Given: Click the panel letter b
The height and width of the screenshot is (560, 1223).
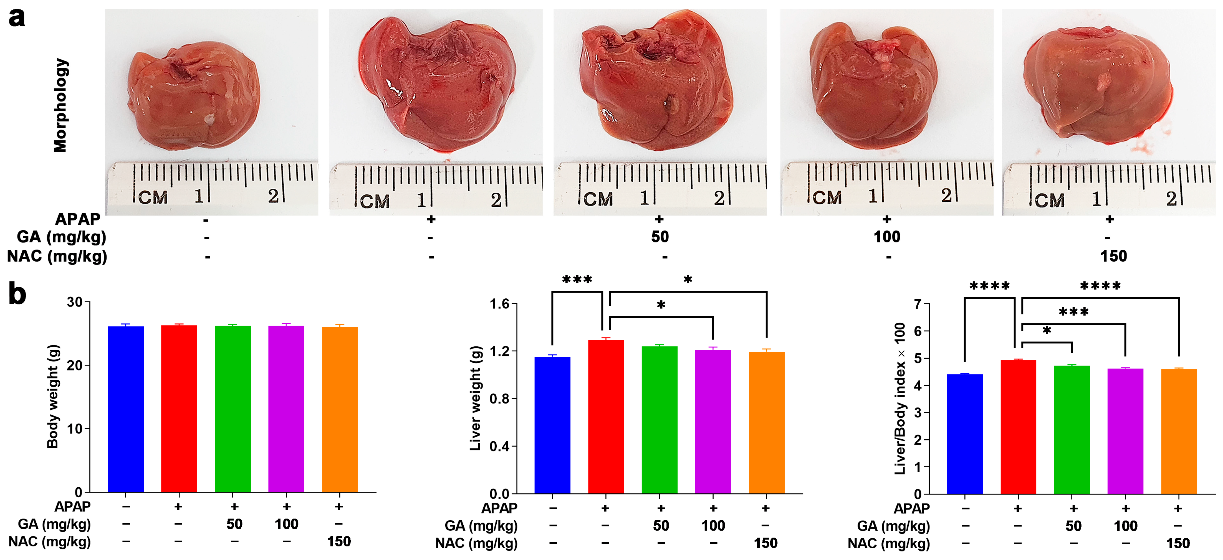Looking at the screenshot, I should pyautogui.click(x=17, y=294).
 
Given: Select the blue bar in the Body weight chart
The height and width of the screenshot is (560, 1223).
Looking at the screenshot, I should pyautogui.click(x=125, y=408).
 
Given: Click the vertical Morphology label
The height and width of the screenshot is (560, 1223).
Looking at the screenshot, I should pyautogui.click(x=61, y=105).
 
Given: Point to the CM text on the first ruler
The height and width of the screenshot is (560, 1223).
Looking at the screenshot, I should pyautogui.click(x=153, y=197).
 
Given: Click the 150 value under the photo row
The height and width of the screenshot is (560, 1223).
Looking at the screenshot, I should pyautogui.click(x=1113, y=256).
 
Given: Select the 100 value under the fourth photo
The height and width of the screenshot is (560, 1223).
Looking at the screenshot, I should pyautogui.click(x=887, y=237).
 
